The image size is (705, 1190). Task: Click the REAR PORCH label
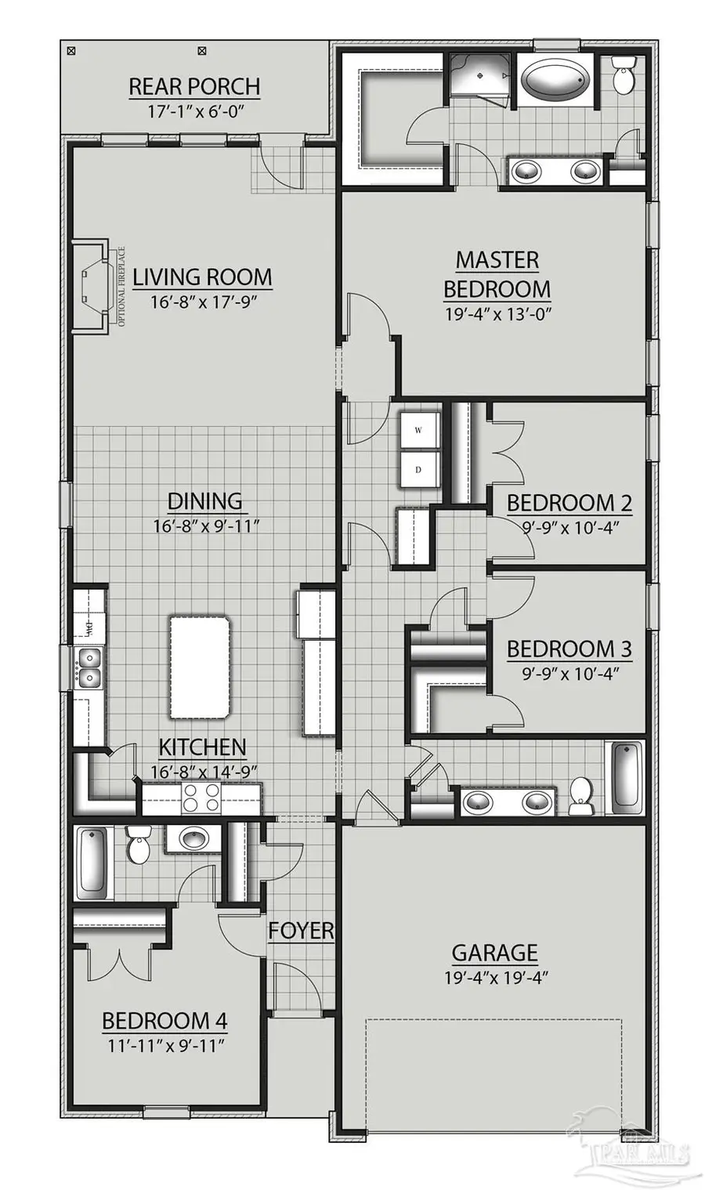pos(194,86)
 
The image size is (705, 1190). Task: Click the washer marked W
pos(418,430)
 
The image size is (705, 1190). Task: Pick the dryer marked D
pos(418,469)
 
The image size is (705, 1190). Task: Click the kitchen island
pos(200,666)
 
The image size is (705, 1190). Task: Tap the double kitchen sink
pos(89,666)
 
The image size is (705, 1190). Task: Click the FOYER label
pos(301,931)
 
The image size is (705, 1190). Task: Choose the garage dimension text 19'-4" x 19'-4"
pos(494,977)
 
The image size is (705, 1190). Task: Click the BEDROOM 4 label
pos(164,1021)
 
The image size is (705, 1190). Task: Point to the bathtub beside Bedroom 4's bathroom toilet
pos(93,863)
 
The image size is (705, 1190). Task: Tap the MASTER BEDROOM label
pos(497,274)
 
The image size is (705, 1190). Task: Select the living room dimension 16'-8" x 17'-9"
pos(202,302)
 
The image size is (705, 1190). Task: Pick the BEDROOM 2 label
pos(569,503)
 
